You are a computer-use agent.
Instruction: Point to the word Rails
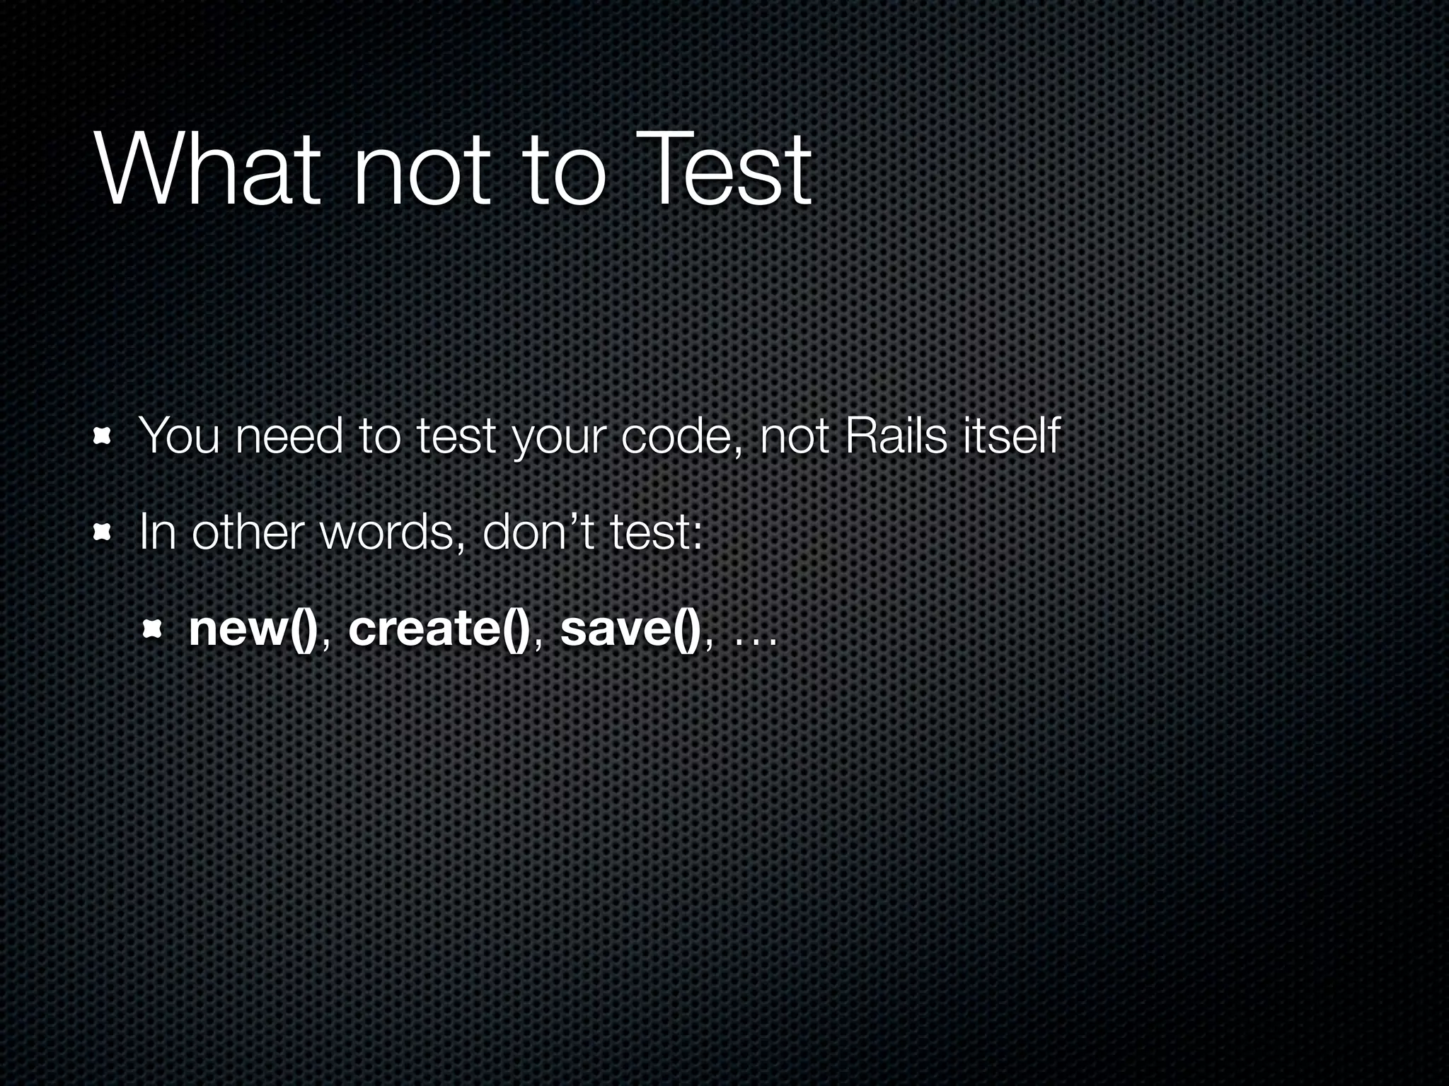[896, 436]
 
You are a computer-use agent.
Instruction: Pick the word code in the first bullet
[680, 436]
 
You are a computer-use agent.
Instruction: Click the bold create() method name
[439, 629]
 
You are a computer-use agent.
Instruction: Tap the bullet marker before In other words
[103, 534]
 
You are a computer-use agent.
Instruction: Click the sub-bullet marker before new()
[153, 629]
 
